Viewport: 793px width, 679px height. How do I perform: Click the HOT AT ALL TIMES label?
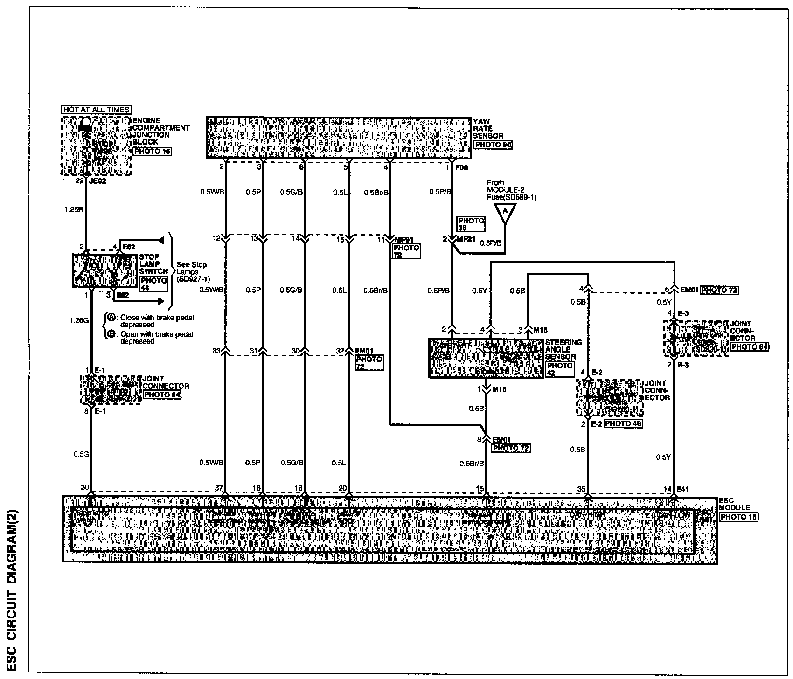pyautogui.click(x=96, y=110)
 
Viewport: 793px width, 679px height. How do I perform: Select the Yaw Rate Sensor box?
pyautogui.click(x=338, y=137)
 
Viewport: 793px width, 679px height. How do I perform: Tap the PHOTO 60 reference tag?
pyautogui.click(x=493, y=145)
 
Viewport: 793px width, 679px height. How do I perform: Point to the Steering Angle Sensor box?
pyautogui.click(x=486, y=358)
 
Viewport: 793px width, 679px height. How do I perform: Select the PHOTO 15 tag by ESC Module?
pyautogui.click(x=739, y=517)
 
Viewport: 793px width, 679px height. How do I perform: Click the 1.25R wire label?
pyautogui.click(x=74, y=210)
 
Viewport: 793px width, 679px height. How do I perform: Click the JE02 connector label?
pyautogui.click(x=98, y=181)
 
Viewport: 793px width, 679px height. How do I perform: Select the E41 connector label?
pyautogui.click(x=683, y=489)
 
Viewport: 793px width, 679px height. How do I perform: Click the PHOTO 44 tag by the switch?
pyautogui.click(x=153, y=284)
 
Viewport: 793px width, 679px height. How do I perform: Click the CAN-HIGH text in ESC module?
pyautogui.click(x=587, y=513)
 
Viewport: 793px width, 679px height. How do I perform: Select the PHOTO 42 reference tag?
pyautogui.click(x=559, y=369)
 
